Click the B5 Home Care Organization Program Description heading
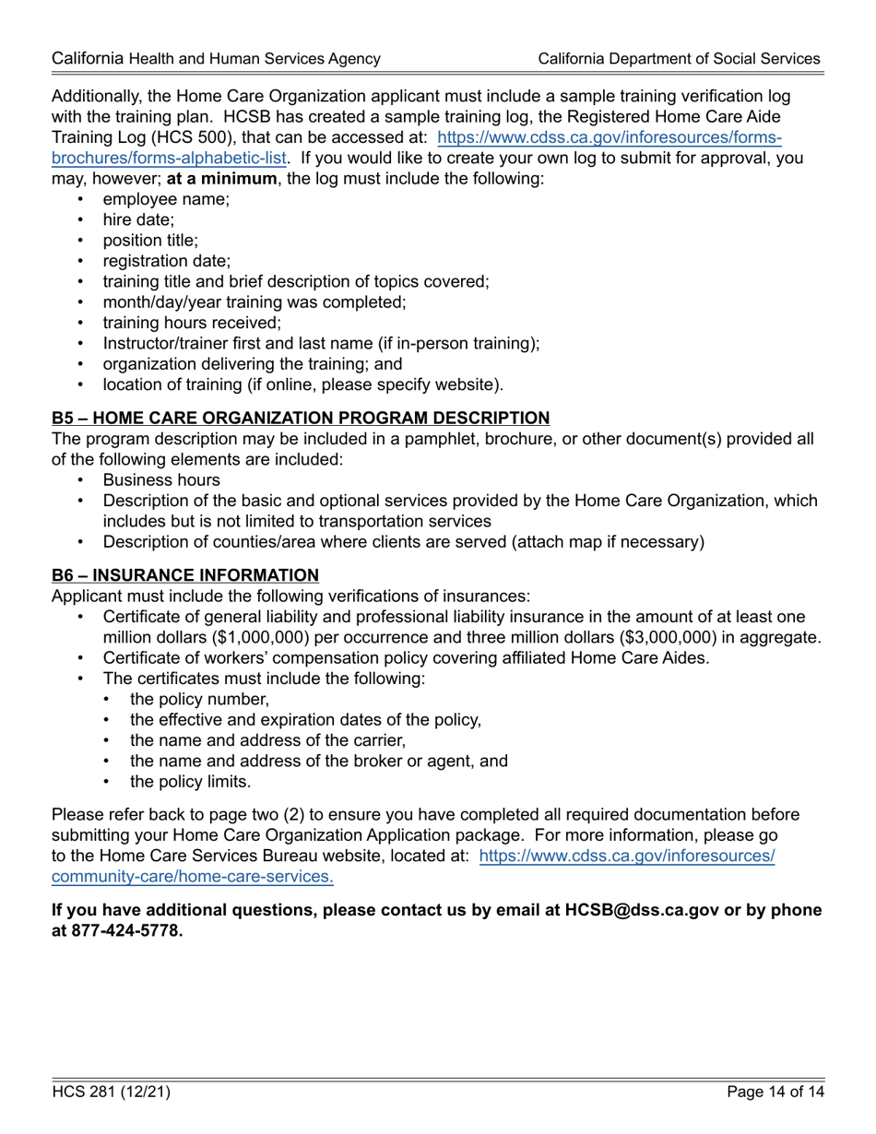tap(301, 418)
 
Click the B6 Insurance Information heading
tap(185, 575)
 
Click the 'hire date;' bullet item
tap(138, 219)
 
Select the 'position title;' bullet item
tap(150, 241)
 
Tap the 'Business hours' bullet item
tap(161, 479)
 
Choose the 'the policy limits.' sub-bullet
tap(190, 782)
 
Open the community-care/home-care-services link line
tap(193, 877)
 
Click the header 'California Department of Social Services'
tap(679, 59)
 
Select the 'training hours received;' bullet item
tap(192, 323)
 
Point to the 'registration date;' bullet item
tap(167, 261)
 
